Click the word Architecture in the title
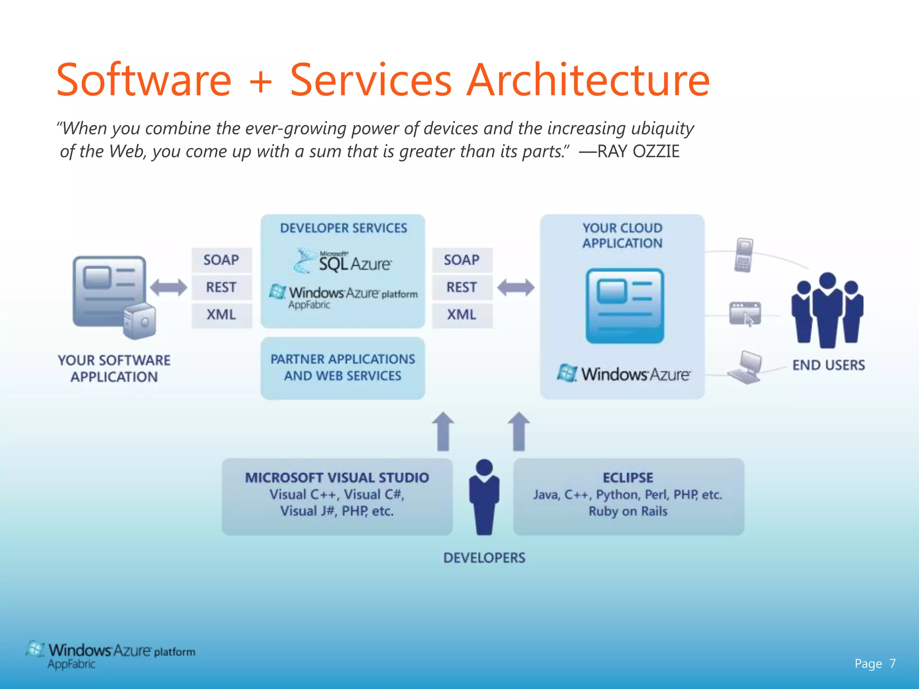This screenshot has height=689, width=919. coord(588,81)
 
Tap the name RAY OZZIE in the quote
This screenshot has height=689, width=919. coord(638,152)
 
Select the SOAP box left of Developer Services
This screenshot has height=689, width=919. coord(221,260)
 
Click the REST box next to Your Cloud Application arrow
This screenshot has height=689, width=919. coord(462,287)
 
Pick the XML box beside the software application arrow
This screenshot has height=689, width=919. coord(221,314)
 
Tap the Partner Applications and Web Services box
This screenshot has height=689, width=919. coord(343,368)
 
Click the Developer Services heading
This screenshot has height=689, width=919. coord(343,228)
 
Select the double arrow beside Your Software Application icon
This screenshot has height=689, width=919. coord(168,288)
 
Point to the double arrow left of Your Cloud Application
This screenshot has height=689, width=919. coord(516,288)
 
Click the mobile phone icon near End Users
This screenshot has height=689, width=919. coord(744,255)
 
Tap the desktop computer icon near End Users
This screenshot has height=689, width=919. coord(745,367)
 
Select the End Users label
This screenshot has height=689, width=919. coord(828,365)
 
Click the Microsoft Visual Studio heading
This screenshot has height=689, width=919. coord(337,478)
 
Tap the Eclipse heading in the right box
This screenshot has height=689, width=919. coord(628,478)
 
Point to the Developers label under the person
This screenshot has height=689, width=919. coord(484,558)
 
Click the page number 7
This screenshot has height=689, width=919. coord(893,663)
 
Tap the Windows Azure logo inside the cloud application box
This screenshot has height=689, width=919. coord(624,374)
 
